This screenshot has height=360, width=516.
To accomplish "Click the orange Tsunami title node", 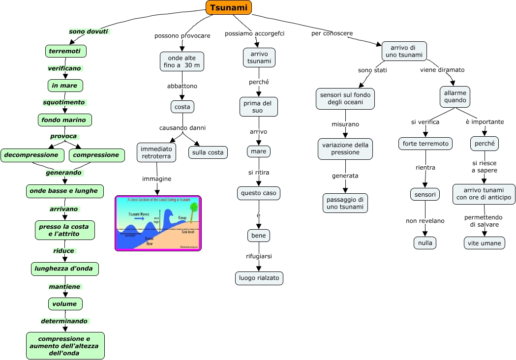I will pyautogui.click(x=229, y=7).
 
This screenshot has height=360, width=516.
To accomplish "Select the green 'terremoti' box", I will pyautogui.click(x=65, y=51).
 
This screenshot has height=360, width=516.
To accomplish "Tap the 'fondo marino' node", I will pyautogui.click(x=64, y=120).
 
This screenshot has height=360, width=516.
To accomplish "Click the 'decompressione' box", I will pyautogui.click(x=32, y=155).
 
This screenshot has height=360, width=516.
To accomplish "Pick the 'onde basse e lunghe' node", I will pyautogui.click(x=64, y=191).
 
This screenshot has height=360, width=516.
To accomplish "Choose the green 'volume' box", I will pyautogui.click(x=65, y=304).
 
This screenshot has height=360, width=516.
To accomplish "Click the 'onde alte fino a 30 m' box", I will pyautogui.click(x=182, y=61).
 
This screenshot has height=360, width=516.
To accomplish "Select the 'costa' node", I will pyautogui.click(x=182, y=107).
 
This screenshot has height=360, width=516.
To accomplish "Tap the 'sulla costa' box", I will pyautogui.click(x=208, y=152).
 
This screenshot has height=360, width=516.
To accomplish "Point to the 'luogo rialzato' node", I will pyautogui.click(x=259, y=278).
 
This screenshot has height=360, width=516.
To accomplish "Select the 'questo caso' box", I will pyautogui.click(x=259, y=193).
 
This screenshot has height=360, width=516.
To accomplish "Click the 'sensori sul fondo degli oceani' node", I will pyautogui.click(x=345, y=98).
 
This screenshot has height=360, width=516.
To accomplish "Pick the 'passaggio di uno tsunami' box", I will pyautogui.click(x=346, y=203).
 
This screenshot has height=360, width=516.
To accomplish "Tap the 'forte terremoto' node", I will pyautogui.click(x=425, y=144).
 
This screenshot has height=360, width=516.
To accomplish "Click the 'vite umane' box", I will pyautogui.click(x=484, y=243).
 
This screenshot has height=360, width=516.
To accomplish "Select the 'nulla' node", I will pyautogui.click(x=425, y=243).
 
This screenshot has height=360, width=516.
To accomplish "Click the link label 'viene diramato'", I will pyautogui.click(x=442, y=70).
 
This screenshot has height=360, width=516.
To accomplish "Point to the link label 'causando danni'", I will pyautogui.click(x=182, y=128).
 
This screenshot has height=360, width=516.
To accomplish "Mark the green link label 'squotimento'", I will pyautogui.click(x=64, y=103).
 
